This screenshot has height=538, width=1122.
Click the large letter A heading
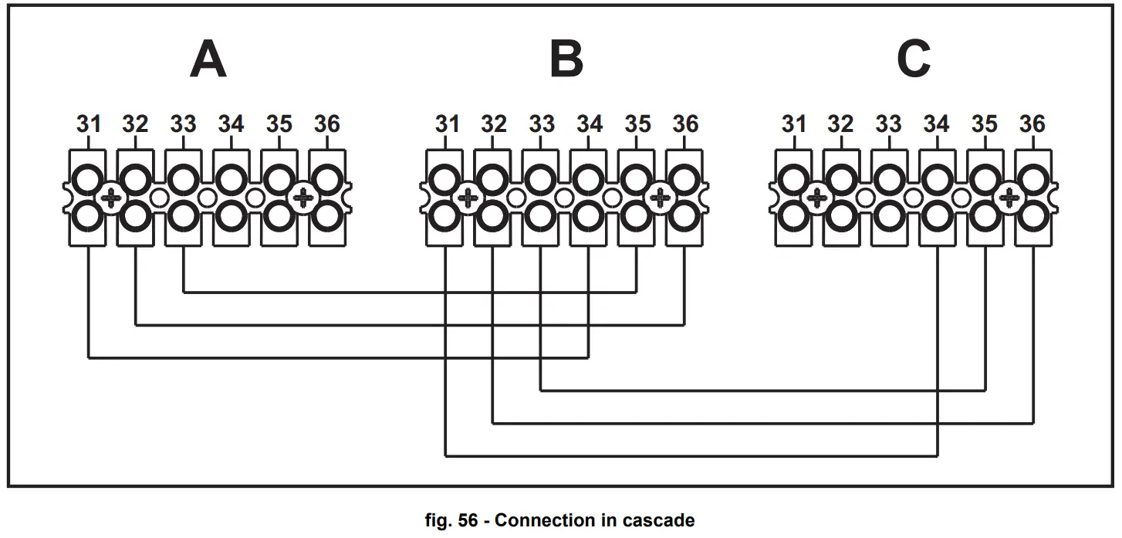(208, 59)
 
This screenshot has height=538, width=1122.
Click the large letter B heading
(566, 59)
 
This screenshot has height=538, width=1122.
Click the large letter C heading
(914, 59)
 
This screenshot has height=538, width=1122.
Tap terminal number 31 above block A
(89, 124)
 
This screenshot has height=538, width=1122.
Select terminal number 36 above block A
(327, 124)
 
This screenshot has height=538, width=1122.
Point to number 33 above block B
(542, 124)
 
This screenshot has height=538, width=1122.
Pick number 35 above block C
(985, 124)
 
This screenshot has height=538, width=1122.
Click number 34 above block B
(590, 124)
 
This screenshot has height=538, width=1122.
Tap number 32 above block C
(840, 124)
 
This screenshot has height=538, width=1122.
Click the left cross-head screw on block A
(111, 198)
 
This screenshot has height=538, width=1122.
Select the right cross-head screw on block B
(661, 198)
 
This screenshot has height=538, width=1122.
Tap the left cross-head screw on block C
(817, 198)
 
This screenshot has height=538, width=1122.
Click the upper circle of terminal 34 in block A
(231, 179)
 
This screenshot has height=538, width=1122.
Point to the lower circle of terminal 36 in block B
(684, 217)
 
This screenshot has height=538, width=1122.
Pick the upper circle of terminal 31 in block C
(794, 179)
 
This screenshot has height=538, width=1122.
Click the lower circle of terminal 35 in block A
(279, 217)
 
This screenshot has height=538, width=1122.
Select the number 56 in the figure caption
(468, 520)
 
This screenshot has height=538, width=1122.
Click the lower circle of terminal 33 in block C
(890, 217)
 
